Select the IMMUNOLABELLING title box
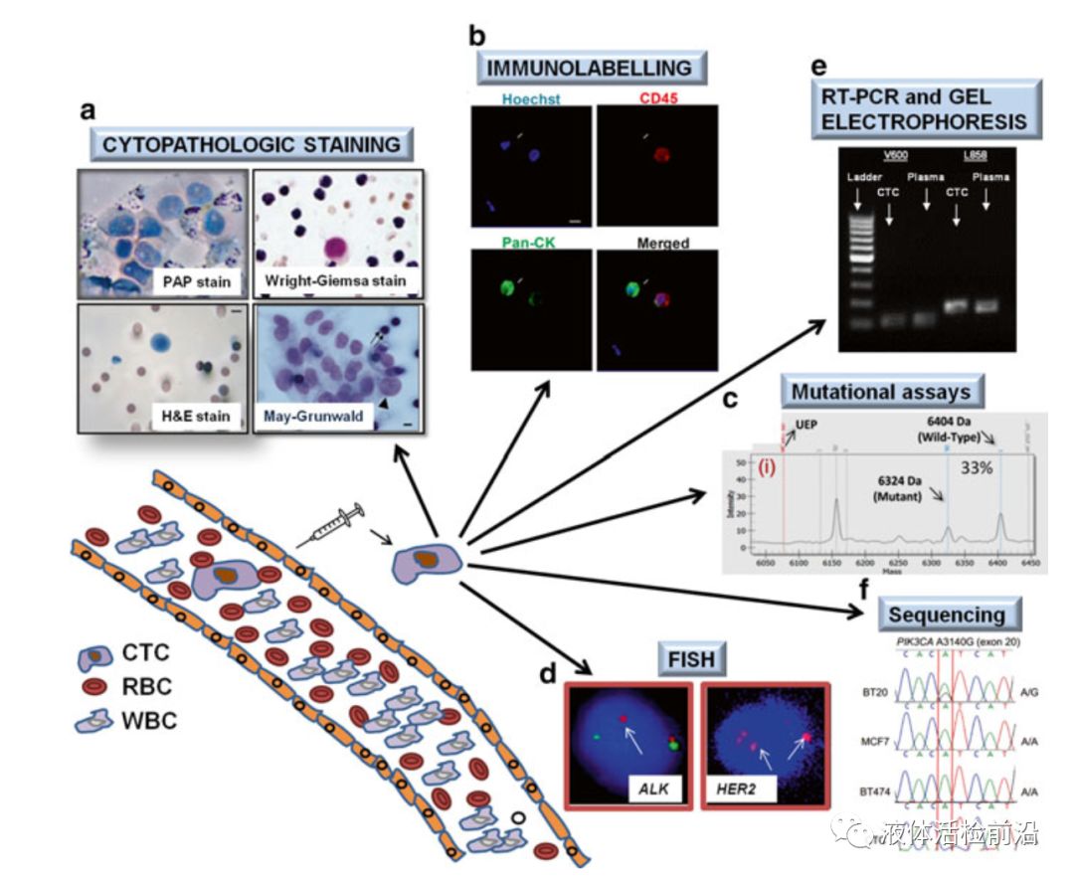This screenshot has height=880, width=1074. pyautogui.click(x=592, y=68)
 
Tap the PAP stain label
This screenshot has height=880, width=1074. pyautogui.click(x=197, y=282)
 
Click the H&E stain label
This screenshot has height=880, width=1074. pyautogui.click(x=198, y=416)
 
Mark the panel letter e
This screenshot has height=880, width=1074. pyautogui.click(x=818, y=67)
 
